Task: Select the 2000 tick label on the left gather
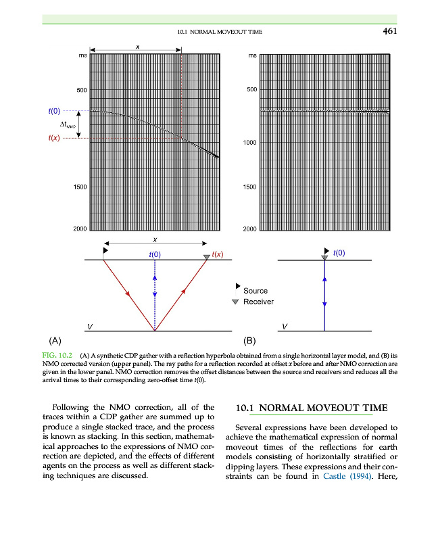pos(79,229)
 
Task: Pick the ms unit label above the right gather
pos(252,55)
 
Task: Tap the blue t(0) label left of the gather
pos(54,110)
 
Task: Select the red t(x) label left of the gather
pos(54,139)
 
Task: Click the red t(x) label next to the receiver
pos(218,254)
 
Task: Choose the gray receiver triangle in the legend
pos(235,302)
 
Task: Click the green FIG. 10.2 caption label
pos(57,354)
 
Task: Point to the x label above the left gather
pos(137,47)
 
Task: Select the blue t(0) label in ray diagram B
pos(340,254)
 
